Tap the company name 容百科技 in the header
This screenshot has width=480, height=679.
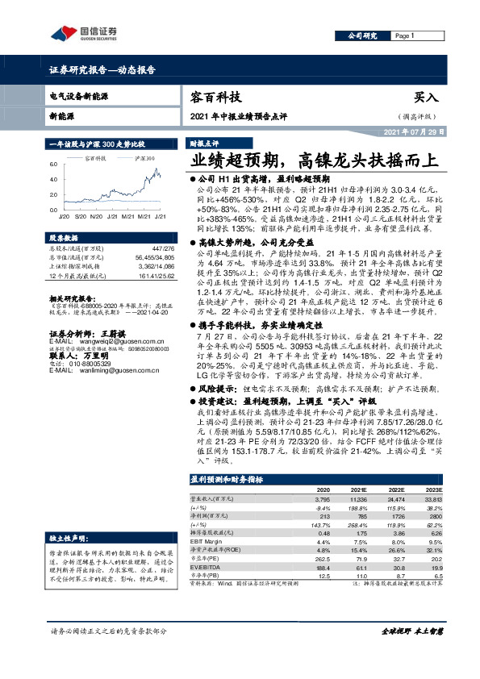point(216,98)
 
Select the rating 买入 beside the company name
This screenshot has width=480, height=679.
point(425,98)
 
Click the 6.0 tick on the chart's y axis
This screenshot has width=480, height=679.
point(54,164)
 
